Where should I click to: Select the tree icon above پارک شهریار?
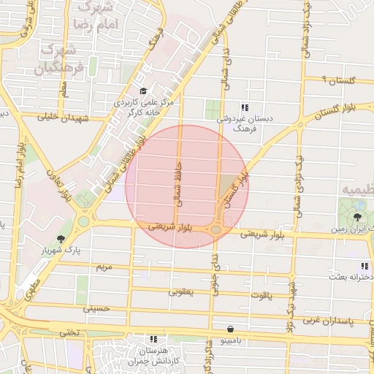[60, 239]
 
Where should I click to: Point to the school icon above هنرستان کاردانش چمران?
[153, 340]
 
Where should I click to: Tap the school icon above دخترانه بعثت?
[364, 267]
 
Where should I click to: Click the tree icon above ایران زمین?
[357, 217]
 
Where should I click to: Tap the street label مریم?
[105, 267]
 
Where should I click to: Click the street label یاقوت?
[259, 295]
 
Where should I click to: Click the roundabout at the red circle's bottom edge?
[217, 230]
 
